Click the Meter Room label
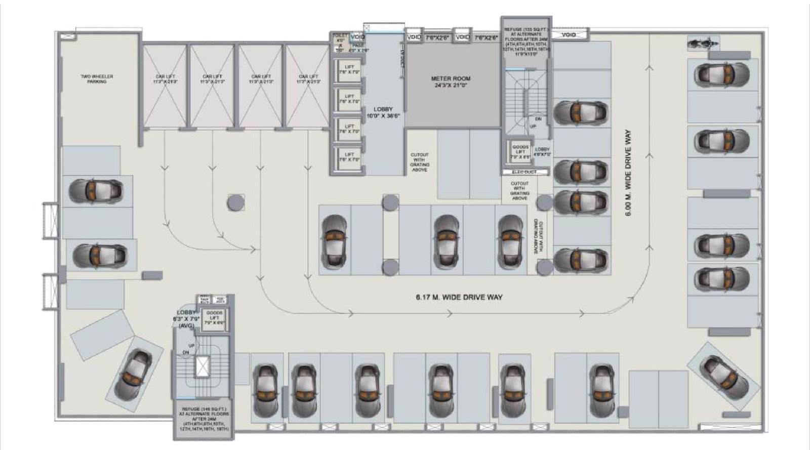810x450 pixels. pyautogui.click(x=451, y=82)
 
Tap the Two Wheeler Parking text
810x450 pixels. pyautogui.click(x=97, y=78)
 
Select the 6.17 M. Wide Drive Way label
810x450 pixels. pyautogui.click(x=459, y=297)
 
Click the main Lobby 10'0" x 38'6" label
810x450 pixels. pyautogui.click(x=383, y=112)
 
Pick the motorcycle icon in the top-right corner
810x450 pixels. pyautogui.click(x=703, y=43)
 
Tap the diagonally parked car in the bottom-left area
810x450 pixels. pyautogui.click(x=133, y=374)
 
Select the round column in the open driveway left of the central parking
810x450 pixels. pyautogui.click(x=236, y=202)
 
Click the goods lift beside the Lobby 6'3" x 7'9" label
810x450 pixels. pyautogui.click(x=214, y=319)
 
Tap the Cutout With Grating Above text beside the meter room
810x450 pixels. pyautogui.click(x=419, y=162)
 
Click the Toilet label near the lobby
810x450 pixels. pyautogui.click(x=340, y=35)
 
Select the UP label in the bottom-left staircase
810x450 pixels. pyautogui.click(x=192, y=345)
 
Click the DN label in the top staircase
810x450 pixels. pyautogui.click(x=538, y=119)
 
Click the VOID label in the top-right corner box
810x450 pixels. pyautogui.click(x=569, y=35)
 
